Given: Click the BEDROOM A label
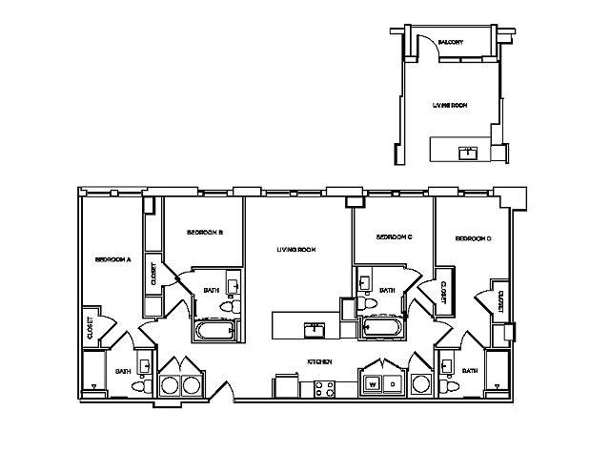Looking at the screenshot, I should pyautogui.click(x=112, y=258).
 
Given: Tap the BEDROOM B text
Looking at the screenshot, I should pyautogui.click(x=205, y=233).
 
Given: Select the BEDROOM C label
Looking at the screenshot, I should pyautogui.click(x=394, y=236).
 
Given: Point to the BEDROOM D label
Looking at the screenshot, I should pyautogui.click(x=473, y=238).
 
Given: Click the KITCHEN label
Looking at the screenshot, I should pyautogui.click(x=319, y=362).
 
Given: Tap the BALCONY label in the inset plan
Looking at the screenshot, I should pyautogui.click(x=451, y=43).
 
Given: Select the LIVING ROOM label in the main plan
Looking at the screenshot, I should pyautogui.click(x=296, y=250).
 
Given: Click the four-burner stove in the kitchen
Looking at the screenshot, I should pyautogui.click(x=325, y=388).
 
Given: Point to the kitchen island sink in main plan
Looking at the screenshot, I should pyautogui.click(x=314, y=330).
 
